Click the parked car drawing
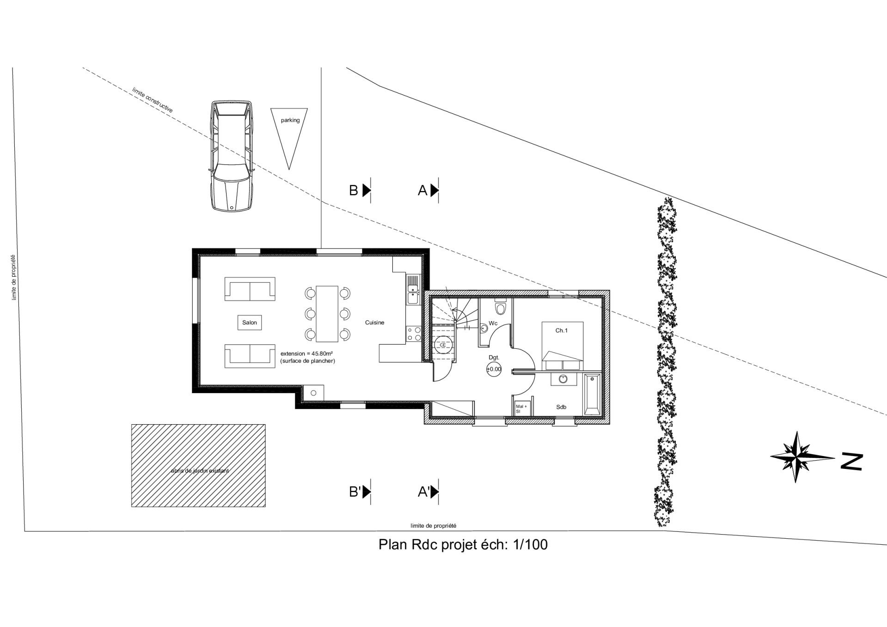(232, 156)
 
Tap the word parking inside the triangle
(290, 120)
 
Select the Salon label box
(250, 323)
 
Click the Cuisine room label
(374, 323)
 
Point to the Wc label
(493, 323)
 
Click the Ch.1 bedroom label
(561, 330)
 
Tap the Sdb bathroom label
(561, 407)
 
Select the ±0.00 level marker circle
(494, 369)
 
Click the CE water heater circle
(442, 345)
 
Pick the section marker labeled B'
(360, 492)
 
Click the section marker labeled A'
(428, 492)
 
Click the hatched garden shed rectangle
(198, 466)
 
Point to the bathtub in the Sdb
(592, 395)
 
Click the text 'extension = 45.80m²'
(307, 353)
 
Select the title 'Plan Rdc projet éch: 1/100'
(463, 544)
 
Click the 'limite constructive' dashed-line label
(152, 100)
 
